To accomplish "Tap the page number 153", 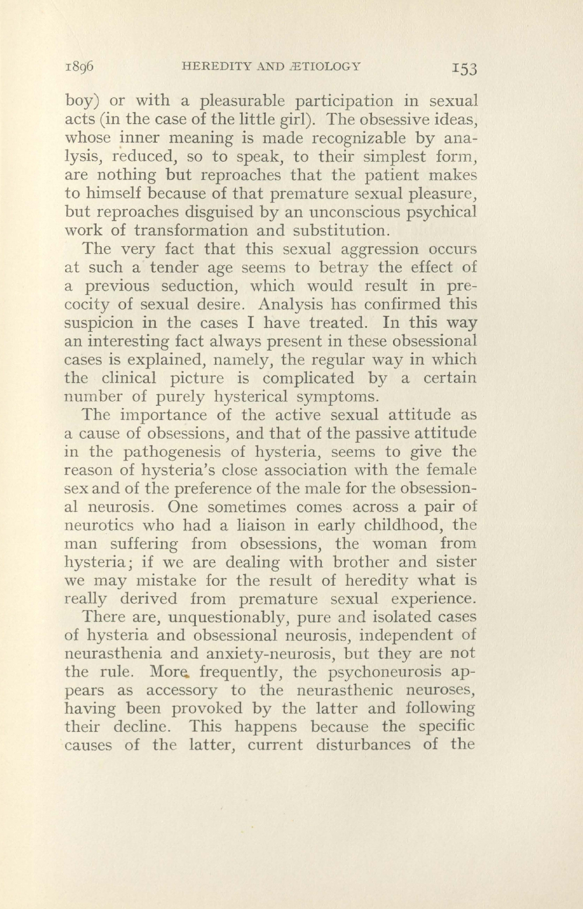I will [463, 68].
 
